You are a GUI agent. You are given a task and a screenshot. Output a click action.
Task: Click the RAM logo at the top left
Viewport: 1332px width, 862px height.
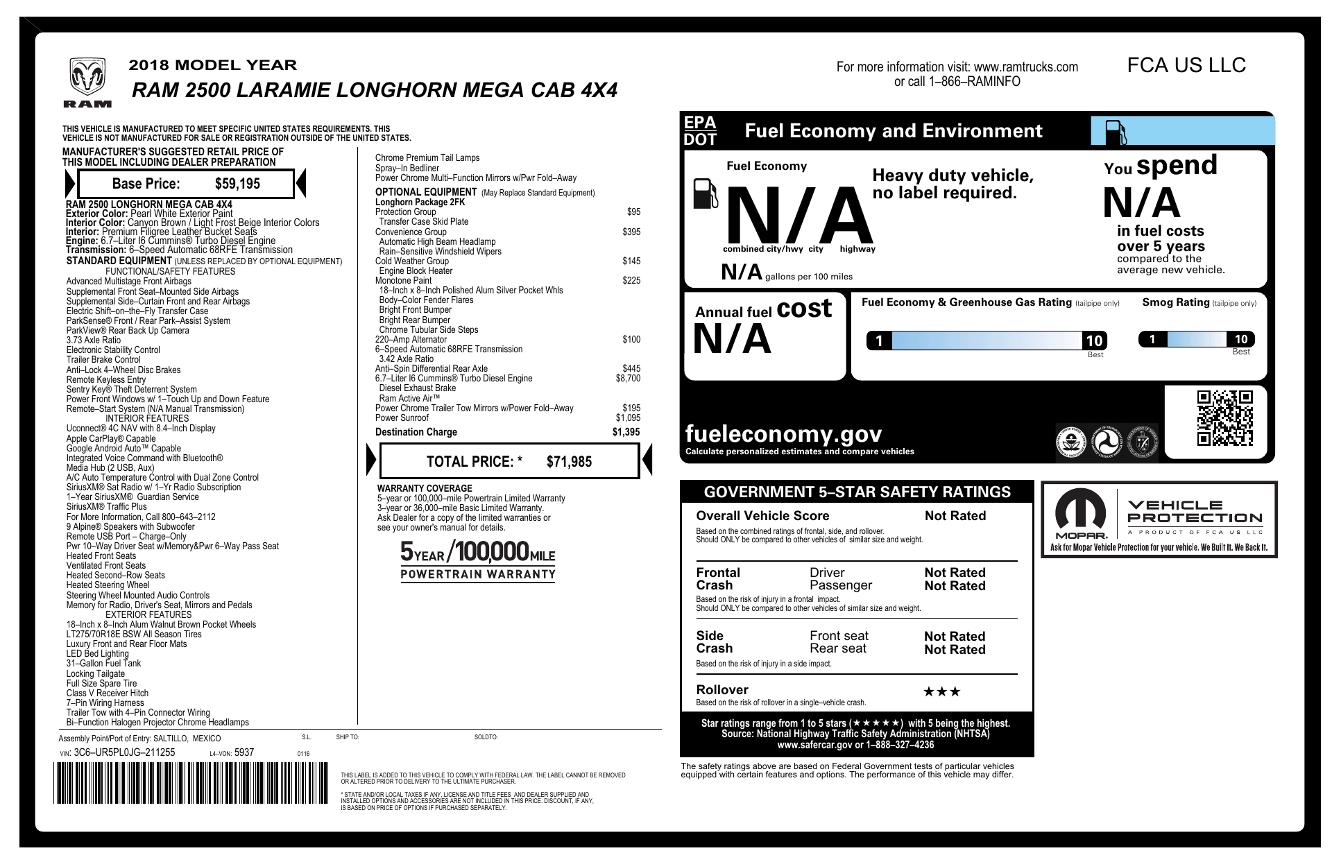[87, 82]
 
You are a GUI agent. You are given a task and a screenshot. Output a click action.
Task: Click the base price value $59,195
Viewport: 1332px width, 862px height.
[237, 184]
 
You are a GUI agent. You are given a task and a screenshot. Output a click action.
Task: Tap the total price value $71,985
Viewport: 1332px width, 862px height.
[569, 462]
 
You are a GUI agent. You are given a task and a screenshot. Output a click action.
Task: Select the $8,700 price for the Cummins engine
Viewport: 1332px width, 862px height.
[628, 379]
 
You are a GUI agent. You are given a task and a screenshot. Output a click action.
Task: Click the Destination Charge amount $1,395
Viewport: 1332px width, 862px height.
[626, 432]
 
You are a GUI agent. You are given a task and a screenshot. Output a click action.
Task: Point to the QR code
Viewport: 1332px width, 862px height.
[1224, 418]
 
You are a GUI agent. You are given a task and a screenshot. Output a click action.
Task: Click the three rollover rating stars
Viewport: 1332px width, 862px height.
[942, 691]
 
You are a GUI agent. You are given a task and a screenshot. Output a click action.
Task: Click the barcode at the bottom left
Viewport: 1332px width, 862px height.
[191, 783]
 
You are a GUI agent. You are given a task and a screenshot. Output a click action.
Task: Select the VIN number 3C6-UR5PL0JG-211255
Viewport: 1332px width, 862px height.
[124, 752]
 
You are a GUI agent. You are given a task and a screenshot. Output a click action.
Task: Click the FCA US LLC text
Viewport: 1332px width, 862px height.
[1186, 65]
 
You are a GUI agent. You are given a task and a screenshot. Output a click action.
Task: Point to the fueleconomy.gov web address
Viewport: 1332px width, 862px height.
[783, 434]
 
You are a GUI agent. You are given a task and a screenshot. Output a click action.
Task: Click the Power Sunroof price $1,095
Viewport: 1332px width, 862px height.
[628, 418]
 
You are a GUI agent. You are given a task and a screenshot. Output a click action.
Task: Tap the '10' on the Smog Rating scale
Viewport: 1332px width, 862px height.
[1240, 339]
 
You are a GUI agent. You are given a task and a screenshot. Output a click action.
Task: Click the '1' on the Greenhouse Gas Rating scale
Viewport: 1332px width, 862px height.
[879, 341]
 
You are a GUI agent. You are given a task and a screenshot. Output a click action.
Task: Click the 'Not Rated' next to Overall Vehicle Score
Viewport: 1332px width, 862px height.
[955, 516]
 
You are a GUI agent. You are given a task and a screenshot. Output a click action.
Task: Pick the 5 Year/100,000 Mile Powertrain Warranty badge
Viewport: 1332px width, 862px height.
[478, 560]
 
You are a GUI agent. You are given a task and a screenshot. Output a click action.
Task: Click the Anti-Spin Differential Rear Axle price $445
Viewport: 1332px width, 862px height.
[631, 369]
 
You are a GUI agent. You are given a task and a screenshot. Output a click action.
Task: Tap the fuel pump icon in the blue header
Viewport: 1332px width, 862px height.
[1116, 132]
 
